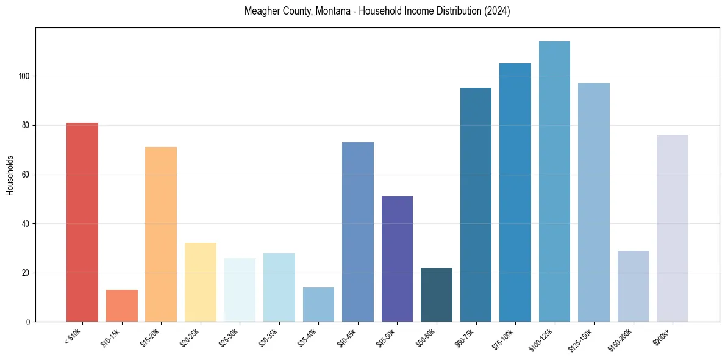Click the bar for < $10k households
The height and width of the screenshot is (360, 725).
tap(82, 222)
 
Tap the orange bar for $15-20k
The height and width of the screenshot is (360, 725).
tap(161, 234)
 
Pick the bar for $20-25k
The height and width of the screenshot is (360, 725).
tap(200, 282)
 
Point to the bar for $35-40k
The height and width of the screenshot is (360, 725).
tap(318, 304)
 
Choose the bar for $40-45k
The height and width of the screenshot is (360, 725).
tap(358, 232)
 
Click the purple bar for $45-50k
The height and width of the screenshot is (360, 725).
tap(397, 259)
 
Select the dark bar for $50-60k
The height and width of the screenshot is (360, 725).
tap(437, 295)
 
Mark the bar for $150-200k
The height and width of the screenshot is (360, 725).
tap(633, 286)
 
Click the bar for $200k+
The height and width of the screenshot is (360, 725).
tap(673, 228)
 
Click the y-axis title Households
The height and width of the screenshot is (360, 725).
tap(10, 175)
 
